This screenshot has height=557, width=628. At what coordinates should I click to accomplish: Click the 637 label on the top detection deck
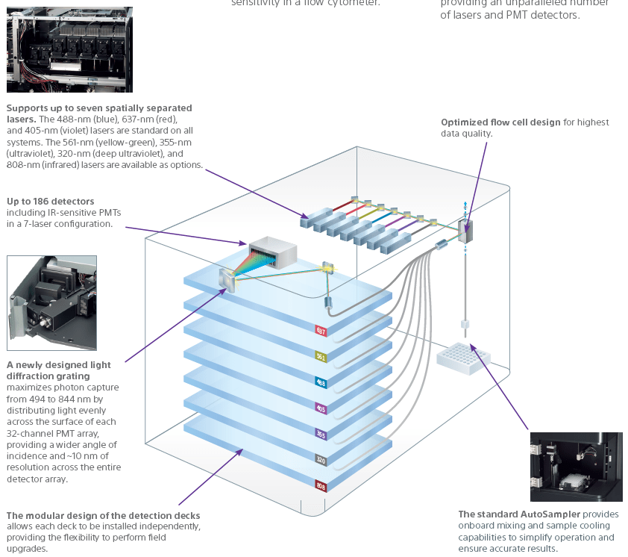tap(321, 329)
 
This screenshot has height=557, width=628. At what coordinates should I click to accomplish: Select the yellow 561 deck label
tap(321, 356)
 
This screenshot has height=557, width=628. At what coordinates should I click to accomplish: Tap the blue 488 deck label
tap(321, 382)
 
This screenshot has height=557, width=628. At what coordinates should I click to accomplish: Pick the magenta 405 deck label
tap(321, 408)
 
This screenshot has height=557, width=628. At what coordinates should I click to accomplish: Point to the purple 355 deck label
tap(321, 434)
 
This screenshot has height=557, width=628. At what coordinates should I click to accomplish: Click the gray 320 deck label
tap(321, 460)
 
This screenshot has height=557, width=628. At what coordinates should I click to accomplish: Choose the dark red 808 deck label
tap(321, 486)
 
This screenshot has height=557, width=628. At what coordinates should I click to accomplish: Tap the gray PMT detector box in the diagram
tap(272, 252)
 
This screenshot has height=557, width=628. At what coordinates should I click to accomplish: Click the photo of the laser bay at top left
tap(69, 49)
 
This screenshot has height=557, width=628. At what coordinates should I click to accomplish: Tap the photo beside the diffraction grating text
tap(52, 302)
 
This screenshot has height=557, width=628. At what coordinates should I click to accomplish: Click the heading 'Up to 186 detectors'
tap(51, 202)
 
